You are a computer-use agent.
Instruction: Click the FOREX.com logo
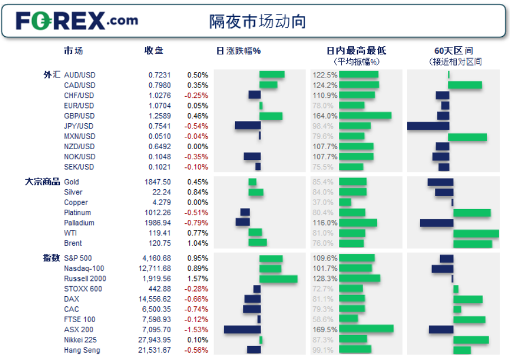[x=77, y=21]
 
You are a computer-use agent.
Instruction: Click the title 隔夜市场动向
[x=258, y=21]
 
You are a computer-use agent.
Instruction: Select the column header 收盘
[x=154, y=51]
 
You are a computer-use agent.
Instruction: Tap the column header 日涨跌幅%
[x=238, y=51]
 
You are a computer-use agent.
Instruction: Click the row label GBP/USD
[x=79, y=116]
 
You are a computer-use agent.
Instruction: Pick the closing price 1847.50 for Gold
[x=158, y=182]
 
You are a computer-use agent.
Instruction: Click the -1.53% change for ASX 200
[x=198, y=329]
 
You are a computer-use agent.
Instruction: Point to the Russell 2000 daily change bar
[x=278, y=279]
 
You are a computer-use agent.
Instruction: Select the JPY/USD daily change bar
[x=247, y=126]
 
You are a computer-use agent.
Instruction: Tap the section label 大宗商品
[x=42, y=182]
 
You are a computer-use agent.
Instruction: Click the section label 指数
[x=51, y=258]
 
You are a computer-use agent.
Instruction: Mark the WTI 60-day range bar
[x=476, y=233]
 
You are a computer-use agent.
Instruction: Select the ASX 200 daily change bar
[x=242, y=329]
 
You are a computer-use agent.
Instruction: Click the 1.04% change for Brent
[x=198, y=244]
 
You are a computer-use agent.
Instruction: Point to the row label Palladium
[x=79, y=223]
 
